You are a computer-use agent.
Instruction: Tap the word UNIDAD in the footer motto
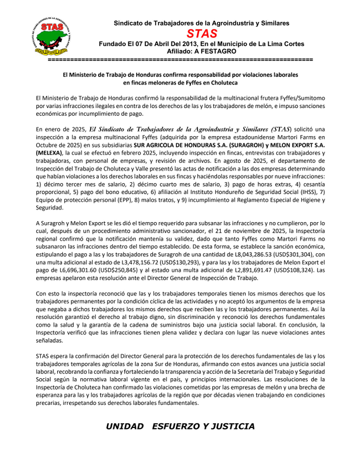coord(124,426)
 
